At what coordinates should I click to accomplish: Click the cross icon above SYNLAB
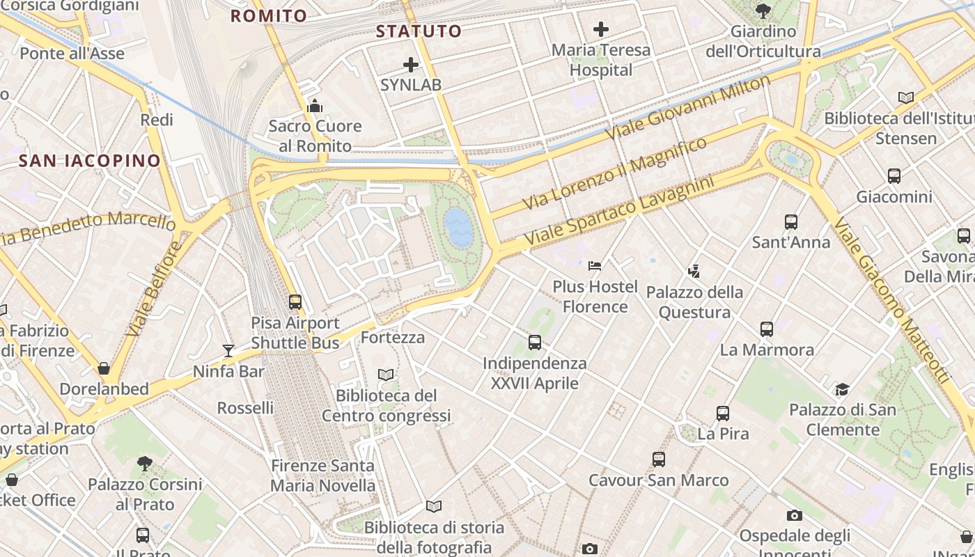pos(411,65)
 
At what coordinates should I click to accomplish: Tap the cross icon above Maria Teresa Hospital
pos(600,29)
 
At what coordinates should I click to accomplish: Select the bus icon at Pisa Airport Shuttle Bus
pos(295,302)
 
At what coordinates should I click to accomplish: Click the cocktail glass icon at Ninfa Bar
pos(228,350)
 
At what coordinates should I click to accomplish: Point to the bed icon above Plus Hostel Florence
pos(595,265)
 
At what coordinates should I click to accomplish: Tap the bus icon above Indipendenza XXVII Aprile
pos(535,342)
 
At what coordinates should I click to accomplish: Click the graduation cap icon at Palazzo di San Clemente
pos(842,389)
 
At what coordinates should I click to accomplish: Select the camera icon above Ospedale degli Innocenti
pos(795,515)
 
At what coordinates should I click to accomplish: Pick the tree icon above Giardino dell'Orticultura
pos(763,10)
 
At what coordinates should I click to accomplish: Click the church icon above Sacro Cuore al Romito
pos(315,106)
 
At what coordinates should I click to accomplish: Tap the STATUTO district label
pos(419,31)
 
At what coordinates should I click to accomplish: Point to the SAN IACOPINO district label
pos(90,161)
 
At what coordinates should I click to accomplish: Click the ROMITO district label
pos(269,16)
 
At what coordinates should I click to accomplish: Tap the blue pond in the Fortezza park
pos(459,228)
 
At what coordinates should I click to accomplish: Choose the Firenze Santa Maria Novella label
pos(322,476)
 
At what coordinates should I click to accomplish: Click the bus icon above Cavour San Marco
pos(659,460)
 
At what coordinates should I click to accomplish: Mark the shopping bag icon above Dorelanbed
pos(104,368)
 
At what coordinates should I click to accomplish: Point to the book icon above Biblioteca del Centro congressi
pos(386,375)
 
